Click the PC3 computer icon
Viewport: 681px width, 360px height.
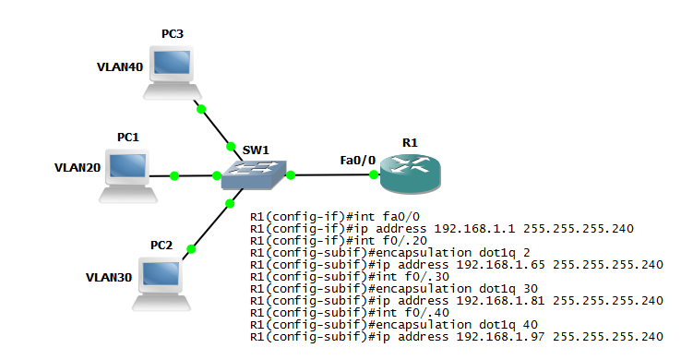point(173,73)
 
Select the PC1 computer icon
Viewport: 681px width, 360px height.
point(128,176)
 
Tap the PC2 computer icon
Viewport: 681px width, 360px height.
point(161,284)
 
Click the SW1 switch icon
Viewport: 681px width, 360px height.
point(254,175)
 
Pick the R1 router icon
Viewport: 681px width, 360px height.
point(411,174)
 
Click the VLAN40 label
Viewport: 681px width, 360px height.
point(120,66)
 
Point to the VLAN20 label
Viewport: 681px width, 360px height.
point(78,168)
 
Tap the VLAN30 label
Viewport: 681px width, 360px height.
point(109,278)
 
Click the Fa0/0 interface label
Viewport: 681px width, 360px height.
point(357,161)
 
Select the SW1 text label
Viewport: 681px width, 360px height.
point(256,150)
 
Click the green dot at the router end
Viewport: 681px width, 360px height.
point(374,174)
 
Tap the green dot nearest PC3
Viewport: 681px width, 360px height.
point(200,109)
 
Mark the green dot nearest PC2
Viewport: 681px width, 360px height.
point(191,249)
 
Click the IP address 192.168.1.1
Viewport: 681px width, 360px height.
point(474,229)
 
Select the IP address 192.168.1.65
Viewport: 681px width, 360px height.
point(501,265)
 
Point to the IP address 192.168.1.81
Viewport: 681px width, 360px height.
point(500,301)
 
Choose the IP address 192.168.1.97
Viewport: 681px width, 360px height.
point(500,337)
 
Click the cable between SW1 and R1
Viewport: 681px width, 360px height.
point(332,175)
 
